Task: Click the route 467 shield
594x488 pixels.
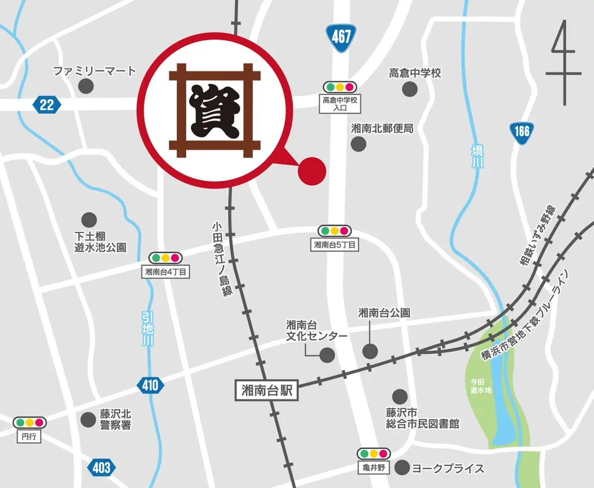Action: point(341,36)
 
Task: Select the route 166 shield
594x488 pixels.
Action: point(521,131)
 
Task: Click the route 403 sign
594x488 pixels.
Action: point(102,467)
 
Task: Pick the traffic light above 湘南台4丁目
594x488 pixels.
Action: point(166,257)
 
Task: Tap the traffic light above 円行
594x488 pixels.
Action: point(30,423)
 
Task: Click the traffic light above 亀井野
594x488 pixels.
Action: point(374,453)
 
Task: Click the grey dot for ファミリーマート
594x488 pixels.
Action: point(86,87)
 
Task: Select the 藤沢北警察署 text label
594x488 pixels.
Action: point(115,420)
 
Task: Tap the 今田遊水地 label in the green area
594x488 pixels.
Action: point(481,385)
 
